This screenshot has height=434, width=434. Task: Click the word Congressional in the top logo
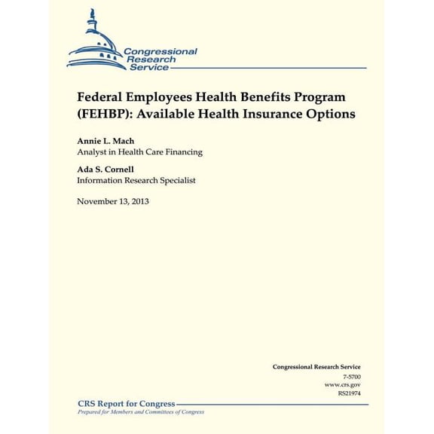pos(160,51)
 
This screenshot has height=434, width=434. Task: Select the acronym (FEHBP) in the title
pos(105,115)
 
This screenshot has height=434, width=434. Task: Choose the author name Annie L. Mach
pos(105,141)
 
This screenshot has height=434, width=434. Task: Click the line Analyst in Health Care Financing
pos(139,152)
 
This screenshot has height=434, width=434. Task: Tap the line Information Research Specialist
pos(136,180)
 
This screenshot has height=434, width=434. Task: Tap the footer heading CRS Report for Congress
pos(127,404)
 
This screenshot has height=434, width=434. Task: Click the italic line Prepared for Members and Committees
pos(141,412)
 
